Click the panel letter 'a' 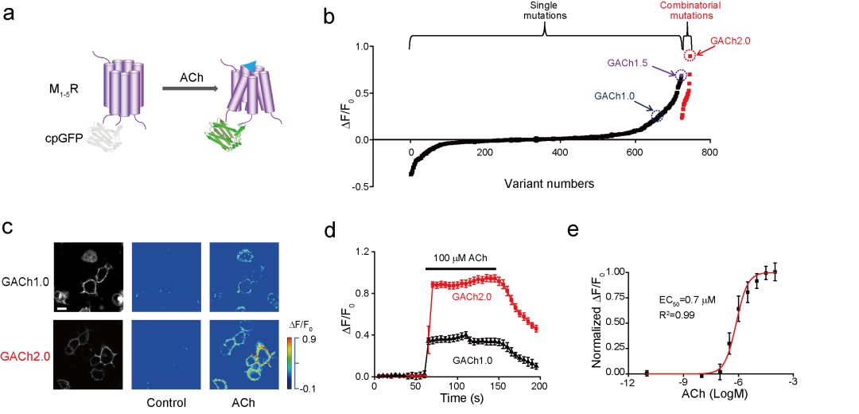click(10, 17)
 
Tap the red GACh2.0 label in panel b click(730, 40)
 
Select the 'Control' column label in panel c click(166, 402)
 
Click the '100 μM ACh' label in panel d click(459, 258)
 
